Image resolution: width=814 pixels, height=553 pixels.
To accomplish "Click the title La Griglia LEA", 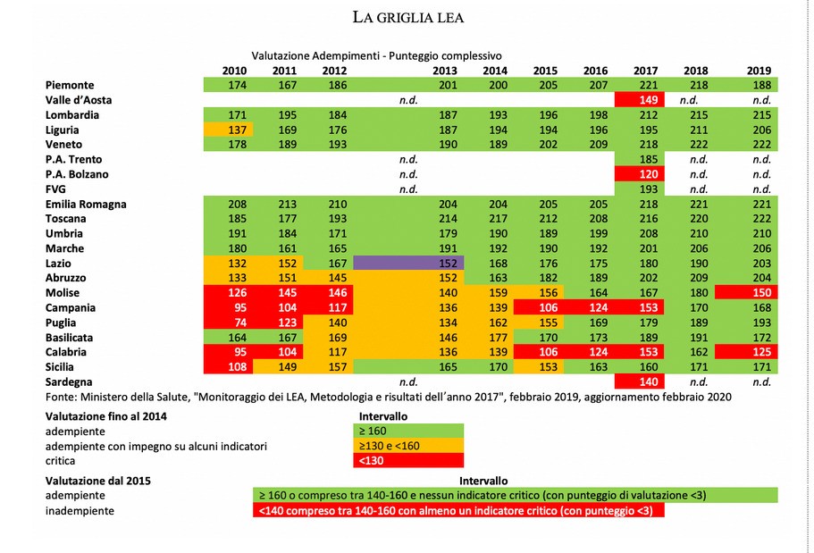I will pos(407,17).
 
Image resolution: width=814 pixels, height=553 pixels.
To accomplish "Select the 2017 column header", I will pos(645,71).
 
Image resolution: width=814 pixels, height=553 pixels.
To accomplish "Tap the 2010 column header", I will pos(235,71).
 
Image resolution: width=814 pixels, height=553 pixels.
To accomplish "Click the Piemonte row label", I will pos(70,85).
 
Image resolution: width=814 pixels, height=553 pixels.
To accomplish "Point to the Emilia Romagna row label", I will pos(86,204).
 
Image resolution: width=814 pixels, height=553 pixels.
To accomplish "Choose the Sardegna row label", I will pos(71,381).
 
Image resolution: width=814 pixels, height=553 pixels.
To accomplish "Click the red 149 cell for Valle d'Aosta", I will pos(645,100).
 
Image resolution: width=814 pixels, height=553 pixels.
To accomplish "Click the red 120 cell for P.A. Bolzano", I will pos(645,174).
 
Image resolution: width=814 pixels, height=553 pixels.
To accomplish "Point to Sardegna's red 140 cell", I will pos(645,381).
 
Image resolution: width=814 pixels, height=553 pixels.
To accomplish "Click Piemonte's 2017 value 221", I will pos(645,85).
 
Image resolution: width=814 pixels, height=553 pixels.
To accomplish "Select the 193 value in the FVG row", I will pos(645,189).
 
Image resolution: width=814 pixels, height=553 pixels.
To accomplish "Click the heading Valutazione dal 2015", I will pos(98,480).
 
